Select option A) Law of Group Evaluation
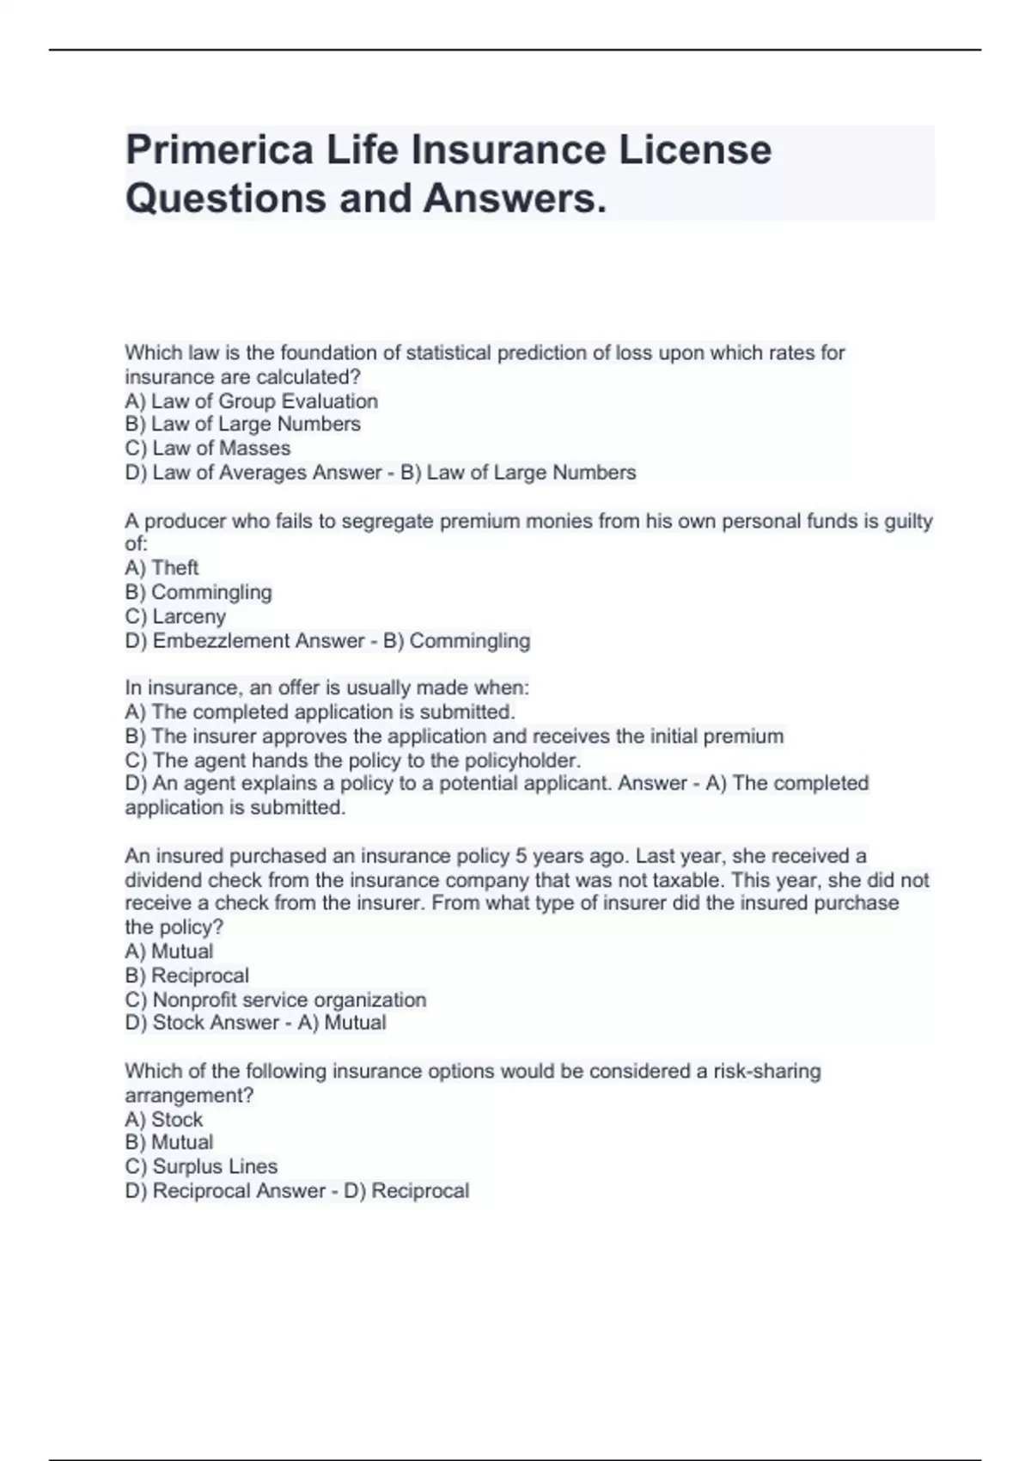(251, 401)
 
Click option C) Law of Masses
(207, 449)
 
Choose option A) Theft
(162, 568)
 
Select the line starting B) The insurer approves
(454, 737)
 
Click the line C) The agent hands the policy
(352, 761)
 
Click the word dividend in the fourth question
(163, 880)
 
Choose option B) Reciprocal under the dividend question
(186, 976)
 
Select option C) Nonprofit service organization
(275, 1000)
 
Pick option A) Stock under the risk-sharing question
(163, 1120)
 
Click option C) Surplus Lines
(201, 1167)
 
